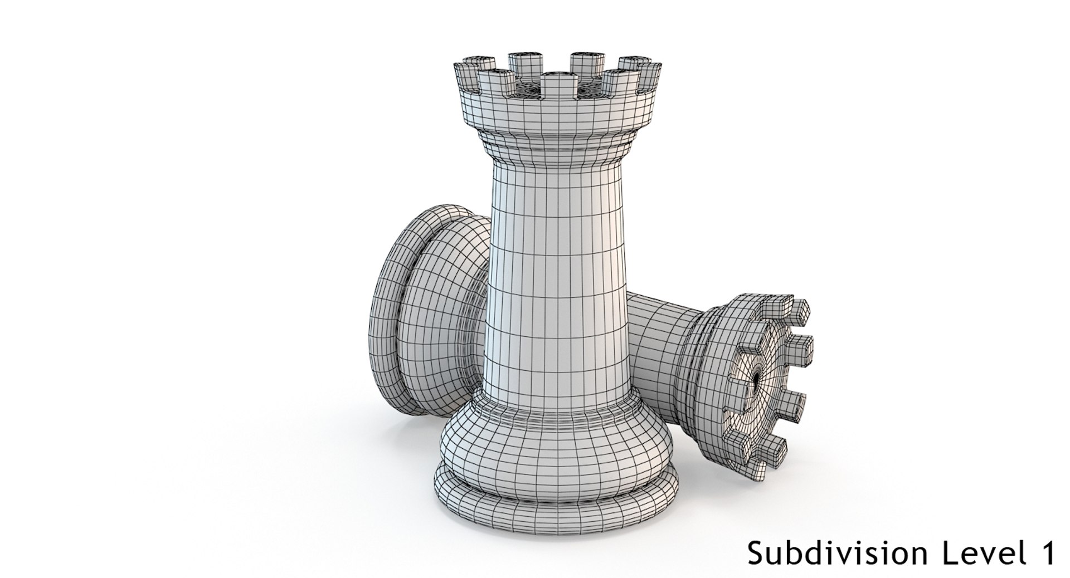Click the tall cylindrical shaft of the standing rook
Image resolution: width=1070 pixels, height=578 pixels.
coord(557,278)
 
